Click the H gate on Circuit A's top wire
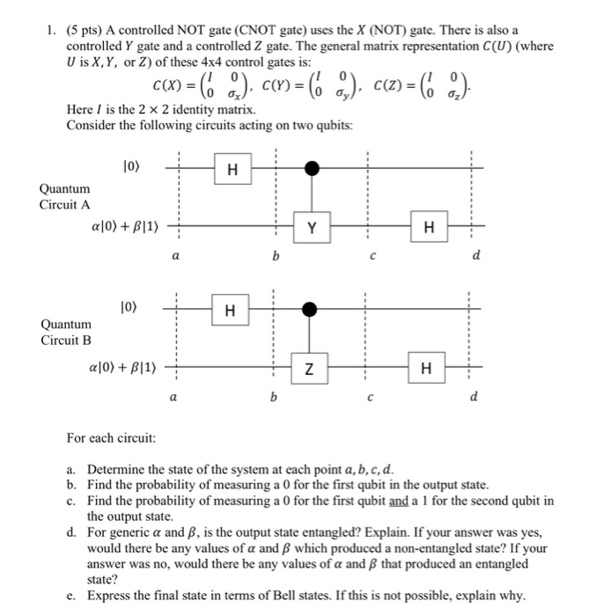(232, 170)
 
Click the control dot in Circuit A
(310, 166)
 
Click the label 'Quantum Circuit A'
(65, 196)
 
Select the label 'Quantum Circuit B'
(65, 332)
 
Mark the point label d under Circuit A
(476, 256)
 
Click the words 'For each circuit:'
(111, 437)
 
